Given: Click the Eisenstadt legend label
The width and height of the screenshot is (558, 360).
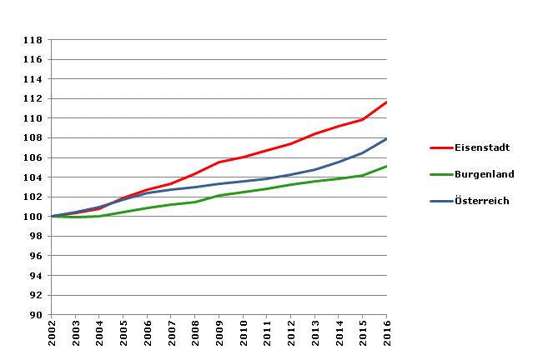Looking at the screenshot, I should pyautogui.click(x=482, y=147).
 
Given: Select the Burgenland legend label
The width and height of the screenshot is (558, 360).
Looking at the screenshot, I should pyautogui.click(x=484, y=174).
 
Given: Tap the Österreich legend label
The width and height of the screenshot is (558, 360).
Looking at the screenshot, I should pyautogui.click(x=482, y=201).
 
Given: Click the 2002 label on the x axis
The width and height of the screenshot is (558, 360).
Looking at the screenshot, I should pyautogui.click(x=53, y=336).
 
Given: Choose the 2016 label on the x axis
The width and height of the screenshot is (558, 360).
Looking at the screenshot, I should pyautogui.click(x=387, y=336).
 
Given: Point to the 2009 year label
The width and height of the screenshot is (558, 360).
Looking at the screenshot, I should pyautogui.click(x=219, y=336).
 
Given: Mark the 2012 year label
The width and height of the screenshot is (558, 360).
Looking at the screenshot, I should pyautogui.click(x=291, y=336).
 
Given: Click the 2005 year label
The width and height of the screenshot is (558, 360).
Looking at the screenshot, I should pyautogui.click(x=124, y=336).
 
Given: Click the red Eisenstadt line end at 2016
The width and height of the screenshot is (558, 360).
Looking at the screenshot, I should pyautogui.click(x=386, y=102).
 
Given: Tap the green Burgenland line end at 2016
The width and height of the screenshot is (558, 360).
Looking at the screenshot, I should pyautogui.click(x=386, y=167).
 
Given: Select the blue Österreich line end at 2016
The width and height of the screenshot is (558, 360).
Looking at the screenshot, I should pyautogui.click(x=386, y=139).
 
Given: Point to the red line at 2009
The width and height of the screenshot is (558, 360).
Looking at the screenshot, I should pyautogui.click(x=219, y=162).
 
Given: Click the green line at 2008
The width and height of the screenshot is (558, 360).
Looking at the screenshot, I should pyautogui.click(x=195, y=202).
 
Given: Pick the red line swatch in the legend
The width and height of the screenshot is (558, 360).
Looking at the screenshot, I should pyautogui.click(x=441, y=147).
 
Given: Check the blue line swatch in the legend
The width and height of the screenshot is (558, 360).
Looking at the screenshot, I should pyautogui.click(x=441, y=201).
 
